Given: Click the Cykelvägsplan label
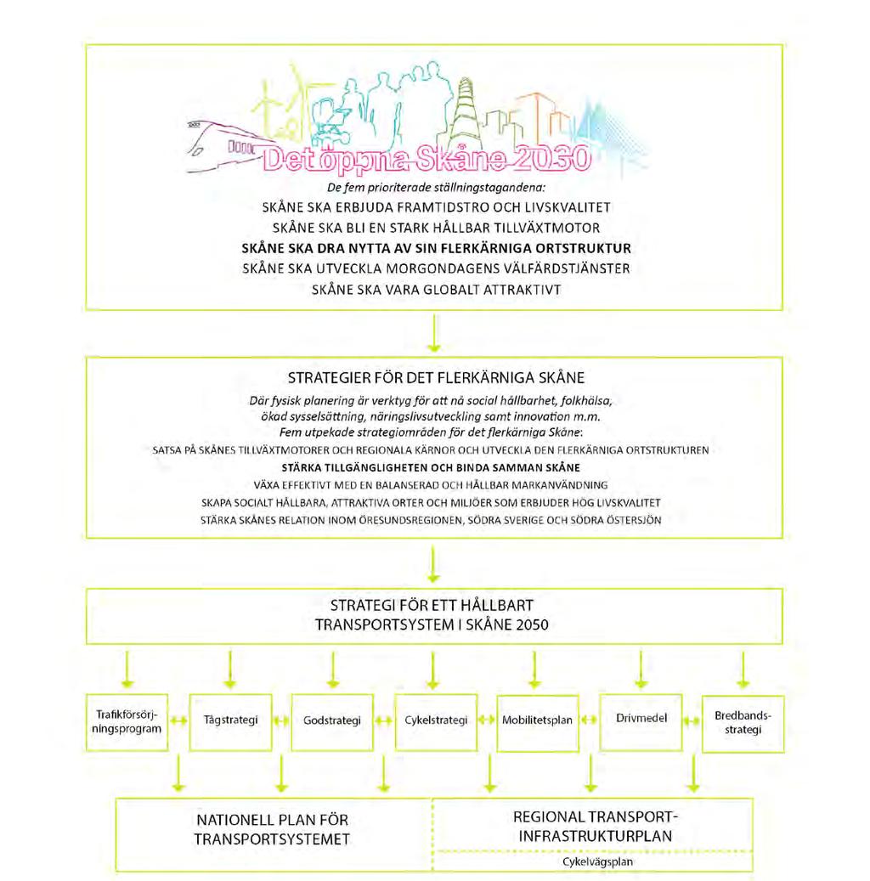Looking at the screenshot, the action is (x=597, y=862).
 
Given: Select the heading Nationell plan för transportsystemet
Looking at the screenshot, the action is (x=272, y=829).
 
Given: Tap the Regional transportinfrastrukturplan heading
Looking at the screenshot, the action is (x=596, y=827).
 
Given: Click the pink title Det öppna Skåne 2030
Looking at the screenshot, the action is (x=427, y=159).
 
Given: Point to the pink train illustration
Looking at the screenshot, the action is (x=225, y=146).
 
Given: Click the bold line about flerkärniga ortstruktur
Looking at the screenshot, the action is (x=436, y=248).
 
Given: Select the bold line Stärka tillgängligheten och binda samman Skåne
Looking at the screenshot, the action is (x=431, y=467).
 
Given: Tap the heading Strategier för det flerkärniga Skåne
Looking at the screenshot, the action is (x=436, y=377).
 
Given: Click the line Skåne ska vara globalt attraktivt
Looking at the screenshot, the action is (x=436, y=290).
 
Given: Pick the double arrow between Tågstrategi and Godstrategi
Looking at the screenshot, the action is (x=281, y=721).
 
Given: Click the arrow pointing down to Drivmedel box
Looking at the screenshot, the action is (x=641, y=669).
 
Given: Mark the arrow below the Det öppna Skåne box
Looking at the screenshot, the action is (x=433, y=333).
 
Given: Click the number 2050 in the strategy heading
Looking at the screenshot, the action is (x=528, y=624).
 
